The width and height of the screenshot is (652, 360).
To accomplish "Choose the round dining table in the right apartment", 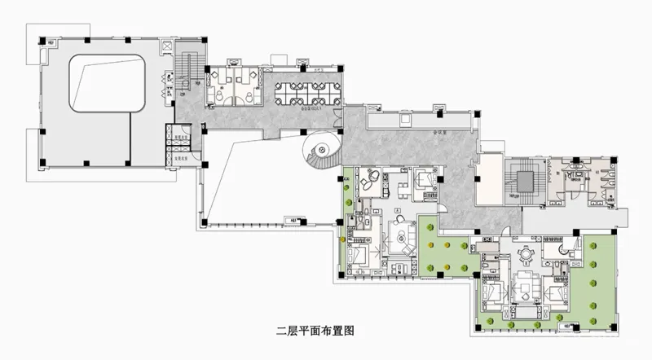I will coord(527,253).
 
